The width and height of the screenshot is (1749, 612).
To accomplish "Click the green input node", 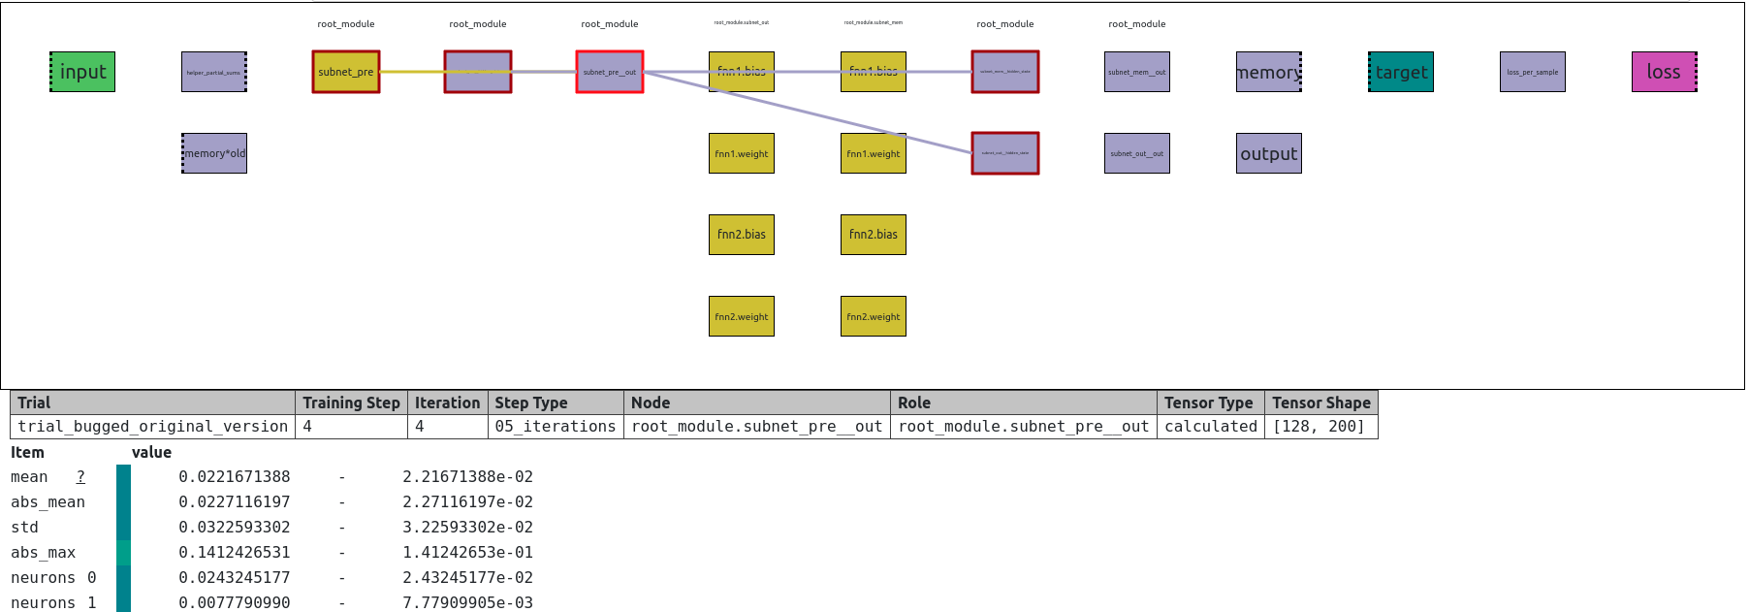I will (82, 72).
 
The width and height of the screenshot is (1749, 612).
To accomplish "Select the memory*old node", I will (214, 153).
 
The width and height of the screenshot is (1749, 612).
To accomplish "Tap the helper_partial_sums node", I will (214, 72).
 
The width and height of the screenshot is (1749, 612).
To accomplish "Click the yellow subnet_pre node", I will (346, 72).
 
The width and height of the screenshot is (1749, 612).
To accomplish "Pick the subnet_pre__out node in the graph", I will (610, 72).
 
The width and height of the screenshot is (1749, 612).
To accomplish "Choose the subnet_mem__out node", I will (1137, 72).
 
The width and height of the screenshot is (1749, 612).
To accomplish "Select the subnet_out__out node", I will (1137, 153).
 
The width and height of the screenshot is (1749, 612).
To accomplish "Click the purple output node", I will (1269, 153).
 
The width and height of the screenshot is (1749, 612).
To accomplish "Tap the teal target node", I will (1401, 72).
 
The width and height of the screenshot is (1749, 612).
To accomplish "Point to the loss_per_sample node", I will (1533, 72).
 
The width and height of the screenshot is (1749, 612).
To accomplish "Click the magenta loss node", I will (1665, 72).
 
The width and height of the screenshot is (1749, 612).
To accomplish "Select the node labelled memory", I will (1269, 72).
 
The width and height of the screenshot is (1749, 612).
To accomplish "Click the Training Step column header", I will (351, 403).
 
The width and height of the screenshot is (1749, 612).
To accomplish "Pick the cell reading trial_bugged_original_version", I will (152, 427).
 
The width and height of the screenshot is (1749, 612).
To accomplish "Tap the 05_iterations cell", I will (556, 427).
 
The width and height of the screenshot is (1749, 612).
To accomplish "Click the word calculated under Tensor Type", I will (1211, 427).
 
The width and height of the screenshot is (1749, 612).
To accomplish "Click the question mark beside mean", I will (80, 477).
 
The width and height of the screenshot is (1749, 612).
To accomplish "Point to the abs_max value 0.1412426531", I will (234, 553).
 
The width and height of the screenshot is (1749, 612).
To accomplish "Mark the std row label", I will (25, 528).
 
